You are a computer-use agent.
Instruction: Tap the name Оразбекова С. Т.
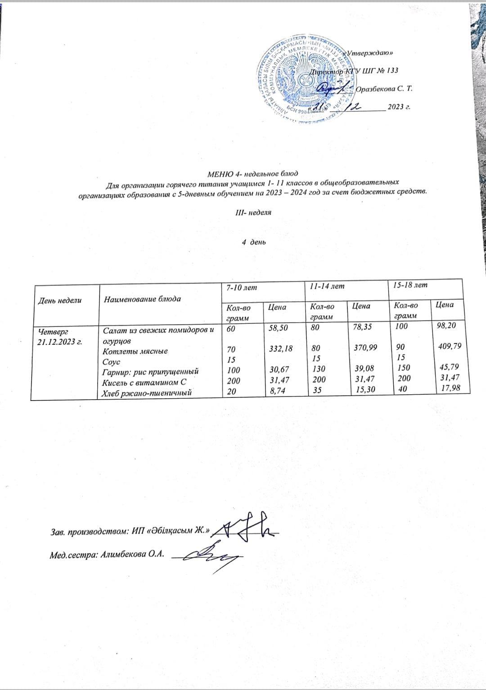point(384,89)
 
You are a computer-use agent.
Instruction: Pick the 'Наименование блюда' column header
point(142,299)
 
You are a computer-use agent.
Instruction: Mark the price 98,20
point(450,325)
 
